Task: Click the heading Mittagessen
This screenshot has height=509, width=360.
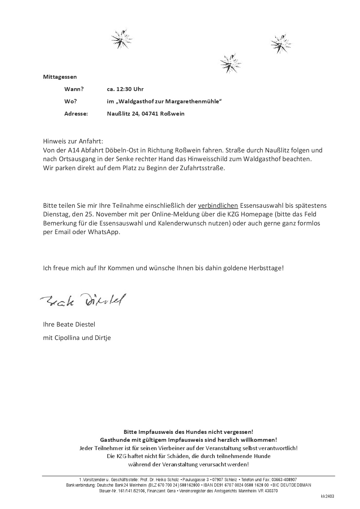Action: pyautogui.click(x=60, y=77)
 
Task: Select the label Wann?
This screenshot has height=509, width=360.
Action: pyautogui.click(x=74, y=89)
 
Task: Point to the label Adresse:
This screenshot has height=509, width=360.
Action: pyautogui.click(x=76, y=114)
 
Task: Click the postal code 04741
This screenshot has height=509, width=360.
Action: pyautogui.click(x=151, y=114)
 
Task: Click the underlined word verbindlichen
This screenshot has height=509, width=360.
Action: pyautogui.click(x=218, y=206)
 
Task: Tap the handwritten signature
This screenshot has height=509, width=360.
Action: pyautogui.click(x=83, y=299)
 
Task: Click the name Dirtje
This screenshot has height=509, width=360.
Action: pyautogui.click(x=103, y=338)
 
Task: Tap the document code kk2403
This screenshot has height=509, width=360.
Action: pyautogui.click(x=327, y=496)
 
